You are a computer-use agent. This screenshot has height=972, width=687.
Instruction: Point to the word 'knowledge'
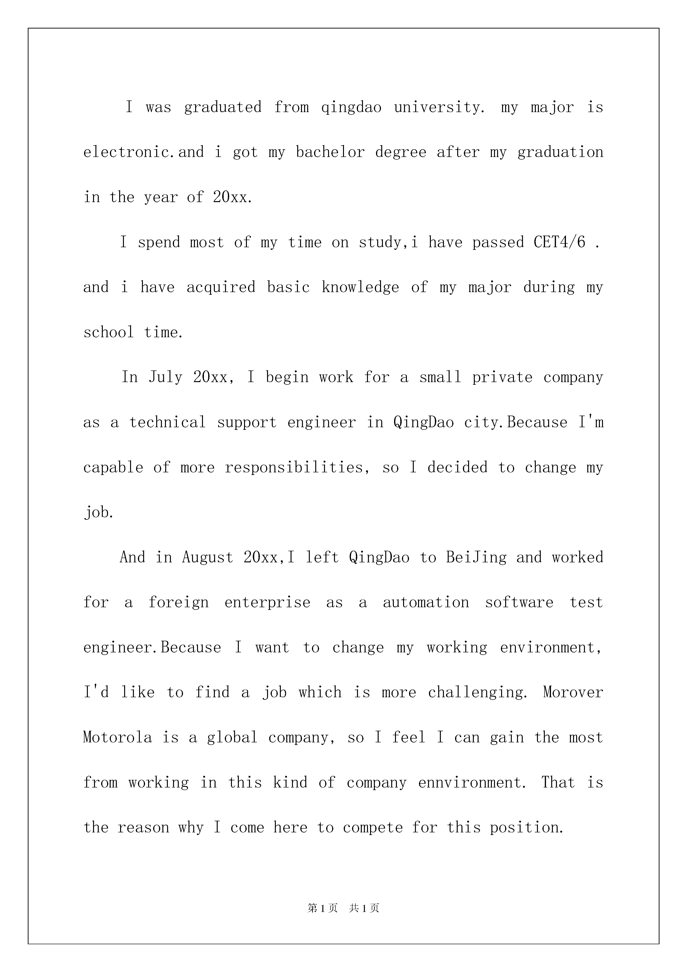[x=360, y=287]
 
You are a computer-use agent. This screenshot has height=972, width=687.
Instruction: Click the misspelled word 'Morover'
[x=573, y=692]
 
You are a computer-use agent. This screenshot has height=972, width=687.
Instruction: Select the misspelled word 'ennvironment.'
[x=472, y=782]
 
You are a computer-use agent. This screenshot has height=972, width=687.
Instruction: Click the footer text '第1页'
[x=323, y=908]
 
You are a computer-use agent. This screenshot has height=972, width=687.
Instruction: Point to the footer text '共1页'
[x=364, y=908]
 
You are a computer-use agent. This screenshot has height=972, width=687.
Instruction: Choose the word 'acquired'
[x=221, y=287]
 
